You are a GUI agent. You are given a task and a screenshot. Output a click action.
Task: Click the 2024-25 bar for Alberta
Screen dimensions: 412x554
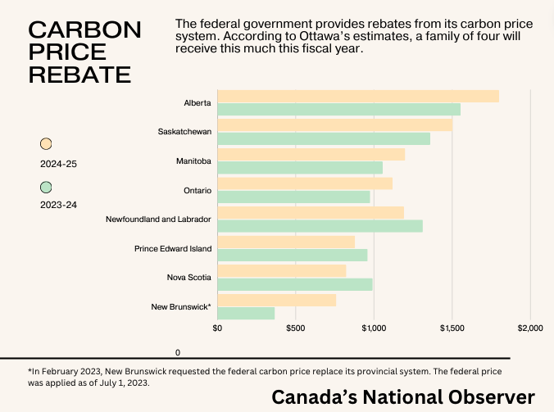click(x=357, y=96)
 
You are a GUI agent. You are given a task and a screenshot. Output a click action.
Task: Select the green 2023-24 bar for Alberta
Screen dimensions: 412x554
click(x=338, y=109)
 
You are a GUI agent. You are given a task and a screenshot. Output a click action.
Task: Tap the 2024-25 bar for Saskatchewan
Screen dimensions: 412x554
click(x=334, y=125)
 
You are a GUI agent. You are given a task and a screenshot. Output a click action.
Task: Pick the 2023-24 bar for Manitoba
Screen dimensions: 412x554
click(x=300, y=168)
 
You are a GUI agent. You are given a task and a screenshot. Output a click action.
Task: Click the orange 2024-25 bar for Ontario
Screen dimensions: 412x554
click(x=305, y=183)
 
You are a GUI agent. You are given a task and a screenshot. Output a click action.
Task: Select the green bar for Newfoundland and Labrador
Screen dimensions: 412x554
click(x=320, y=226)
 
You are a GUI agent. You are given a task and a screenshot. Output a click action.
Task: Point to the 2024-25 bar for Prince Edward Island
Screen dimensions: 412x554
click(x=286, y=242)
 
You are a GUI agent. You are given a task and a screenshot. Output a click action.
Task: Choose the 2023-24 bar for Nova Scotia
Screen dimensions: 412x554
click(x=295, y=284)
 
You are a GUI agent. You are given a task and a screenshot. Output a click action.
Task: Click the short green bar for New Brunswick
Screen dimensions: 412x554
click(x=246, y=313)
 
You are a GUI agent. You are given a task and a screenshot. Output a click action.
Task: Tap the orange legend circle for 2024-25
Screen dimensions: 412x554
click(x=46, y=144)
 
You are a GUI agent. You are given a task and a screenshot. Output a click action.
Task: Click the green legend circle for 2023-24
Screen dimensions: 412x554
click(x=46, y=187)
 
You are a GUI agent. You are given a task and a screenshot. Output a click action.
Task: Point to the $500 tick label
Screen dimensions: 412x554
click(x=296, y=328)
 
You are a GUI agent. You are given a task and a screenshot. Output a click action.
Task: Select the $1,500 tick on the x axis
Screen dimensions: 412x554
click(x=452, y=328)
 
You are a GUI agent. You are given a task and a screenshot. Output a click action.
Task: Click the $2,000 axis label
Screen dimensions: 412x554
click(x=530, y=328)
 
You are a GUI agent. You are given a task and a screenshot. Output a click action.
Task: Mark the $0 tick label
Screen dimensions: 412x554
click(x=217, y=328)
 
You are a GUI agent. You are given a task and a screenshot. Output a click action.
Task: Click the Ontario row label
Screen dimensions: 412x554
click(x=198, y=191)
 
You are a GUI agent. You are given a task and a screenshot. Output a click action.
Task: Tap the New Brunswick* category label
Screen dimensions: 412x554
click(x=181, y=306)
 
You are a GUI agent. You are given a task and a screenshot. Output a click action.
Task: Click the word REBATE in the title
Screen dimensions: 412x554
click(x=79, y=74)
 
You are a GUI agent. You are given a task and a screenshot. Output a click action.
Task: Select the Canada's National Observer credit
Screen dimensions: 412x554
click(x=403, y=396)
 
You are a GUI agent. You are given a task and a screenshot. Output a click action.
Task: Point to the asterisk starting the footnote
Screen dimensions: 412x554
click(x=30, y=370)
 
